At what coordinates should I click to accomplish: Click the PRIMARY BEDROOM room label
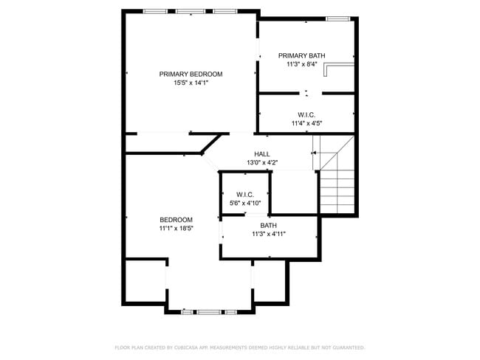coord(191,74)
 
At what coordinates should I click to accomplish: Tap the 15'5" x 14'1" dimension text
coord(191,83)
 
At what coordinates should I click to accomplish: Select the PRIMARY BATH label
coord(301,55)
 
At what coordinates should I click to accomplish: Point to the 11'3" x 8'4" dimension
coord(301,64)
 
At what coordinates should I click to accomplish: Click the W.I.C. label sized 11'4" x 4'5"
coord(306,114)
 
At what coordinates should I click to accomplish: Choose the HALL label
coord(261,153)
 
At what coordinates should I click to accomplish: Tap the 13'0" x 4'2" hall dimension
coord(261,162)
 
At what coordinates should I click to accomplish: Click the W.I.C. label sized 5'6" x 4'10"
coord(245,194)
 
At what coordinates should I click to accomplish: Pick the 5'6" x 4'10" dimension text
coord(245,203)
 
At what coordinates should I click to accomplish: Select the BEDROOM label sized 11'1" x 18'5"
coord(176,220)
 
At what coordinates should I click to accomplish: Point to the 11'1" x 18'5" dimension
coord(176,229)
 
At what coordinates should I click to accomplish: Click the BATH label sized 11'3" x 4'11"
coord(268,225)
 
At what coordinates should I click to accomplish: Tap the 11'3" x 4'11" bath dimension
coord(268,234)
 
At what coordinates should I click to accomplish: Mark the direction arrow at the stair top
coord(315,153)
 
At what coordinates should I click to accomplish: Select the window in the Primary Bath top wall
coord(337,18)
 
